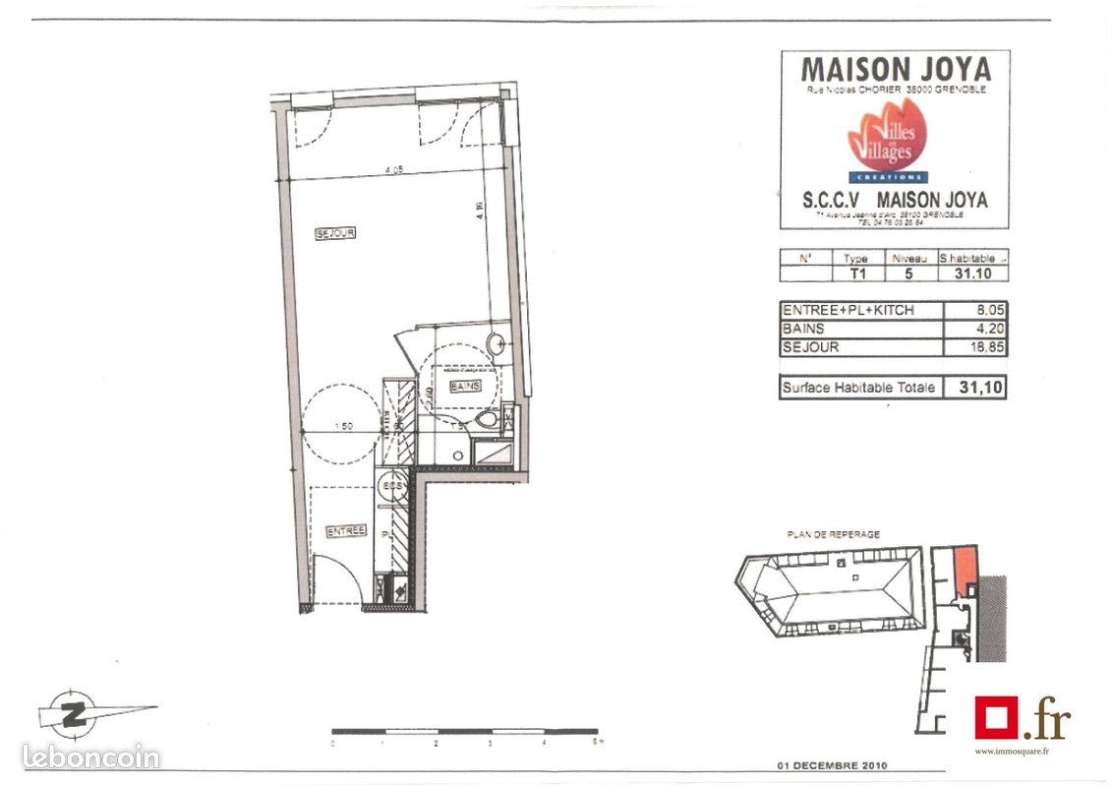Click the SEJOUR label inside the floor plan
[335, 233]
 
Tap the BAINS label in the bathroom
[465, 387]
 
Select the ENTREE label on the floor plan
[346, 531]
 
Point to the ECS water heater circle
[391, 488]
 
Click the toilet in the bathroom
[487, 420]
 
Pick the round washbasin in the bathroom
[498, 344]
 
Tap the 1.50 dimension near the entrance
[343, 426]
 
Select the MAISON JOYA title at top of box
[895, 70]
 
